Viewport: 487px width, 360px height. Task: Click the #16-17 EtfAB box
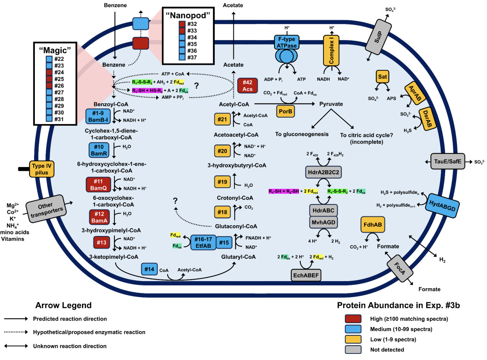tap(203, 242)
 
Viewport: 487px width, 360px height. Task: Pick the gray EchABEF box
tap(306, 275)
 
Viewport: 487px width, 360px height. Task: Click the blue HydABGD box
tap(442, 204)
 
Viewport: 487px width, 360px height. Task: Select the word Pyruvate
tap(331, 104)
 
